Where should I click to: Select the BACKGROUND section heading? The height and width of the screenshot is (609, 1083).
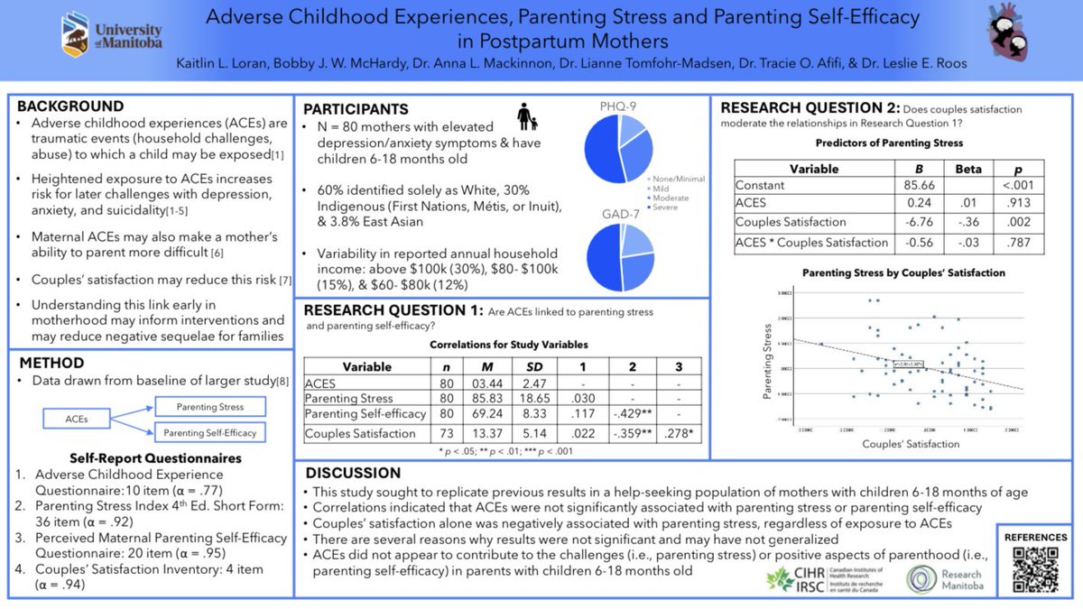pyautogui.click(x=70, y=106)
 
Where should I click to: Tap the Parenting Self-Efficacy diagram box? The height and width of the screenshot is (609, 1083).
pyautogui.click(x=209, y=433)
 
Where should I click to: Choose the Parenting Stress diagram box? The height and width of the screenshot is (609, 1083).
pyautogui.click(x=209, y=406)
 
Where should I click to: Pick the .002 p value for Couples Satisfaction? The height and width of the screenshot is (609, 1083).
pyautogui.click(x=1018, y=222)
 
